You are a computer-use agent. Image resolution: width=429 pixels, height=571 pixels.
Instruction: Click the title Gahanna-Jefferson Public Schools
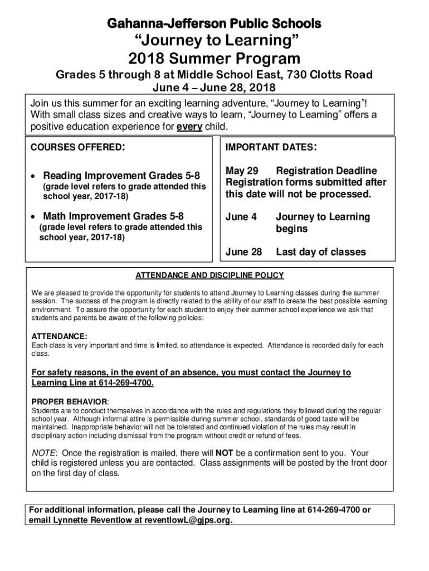click(x=214, y=23)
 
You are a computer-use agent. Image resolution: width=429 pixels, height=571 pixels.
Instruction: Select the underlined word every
click(x=189, y=127)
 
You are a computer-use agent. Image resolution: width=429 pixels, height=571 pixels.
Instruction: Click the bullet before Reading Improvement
click(x=35, y=176)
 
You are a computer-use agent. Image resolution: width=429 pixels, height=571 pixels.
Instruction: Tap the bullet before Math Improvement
click(x=35, y=216)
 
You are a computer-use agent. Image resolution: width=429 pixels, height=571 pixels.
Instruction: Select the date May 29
click(x=242, y=171)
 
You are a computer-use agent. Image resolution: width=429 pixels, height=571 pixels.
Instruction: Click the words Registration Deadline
click(x=326, y=171)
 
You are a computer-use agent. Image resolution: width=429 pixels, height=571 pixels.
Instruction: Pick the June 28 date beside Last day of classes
click(x=243, y=252)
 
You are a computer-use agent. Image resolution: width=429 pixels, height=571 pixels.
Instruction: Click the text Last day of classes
click(x=321, y=252)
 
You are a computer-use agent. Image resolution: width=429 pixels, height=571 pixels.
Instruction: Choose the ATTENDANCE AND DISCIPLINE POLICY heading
click(x=210, y=275)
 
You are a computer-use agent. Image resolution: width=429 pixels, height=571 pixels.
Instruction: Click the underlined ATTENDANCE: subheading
click(x=59, y=337)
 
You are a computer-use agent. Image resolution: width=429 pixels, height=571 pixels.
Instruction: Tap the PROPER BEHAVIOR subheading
click(x=69, y=401)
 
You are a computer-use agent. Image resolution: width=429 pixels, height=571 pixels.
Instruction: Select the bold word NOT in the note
click(x=224, y=453)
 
